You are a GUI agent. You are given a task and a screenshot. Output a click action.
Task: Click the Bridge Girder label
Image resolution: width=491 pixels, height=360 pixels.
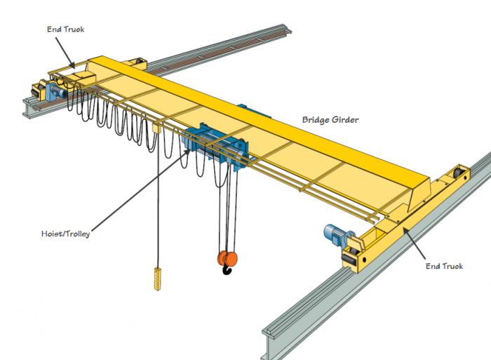tap(330, 120)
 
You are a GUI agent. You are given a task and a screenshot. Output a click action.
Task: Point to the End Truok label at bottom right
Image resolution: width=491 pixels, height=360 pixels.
tap(445, 267)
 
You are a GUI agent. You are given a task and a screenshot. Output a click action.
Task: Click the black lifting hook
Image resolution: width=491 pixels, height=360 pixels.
tap(227, 268)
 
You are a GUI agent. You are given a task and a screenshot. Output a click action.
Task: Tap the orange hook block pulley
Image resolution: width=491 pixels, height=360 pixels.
tap(226, 257)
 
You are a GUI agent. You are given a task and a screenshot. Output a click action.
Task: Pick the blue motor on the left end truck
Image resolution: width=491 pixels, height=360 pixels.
tap(55, 90)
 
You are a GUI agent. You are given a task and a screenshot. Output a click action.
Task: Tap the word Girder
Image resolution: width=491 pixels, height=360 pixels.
tap(344, 120)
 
